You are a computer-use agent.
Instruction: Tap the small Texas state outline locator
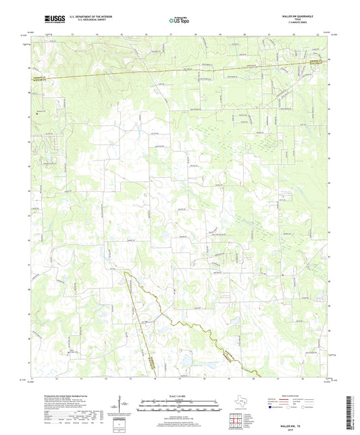[x=238, y=404]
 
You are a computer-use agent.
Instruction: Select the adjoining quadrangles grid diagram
[x=238, y=422]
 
